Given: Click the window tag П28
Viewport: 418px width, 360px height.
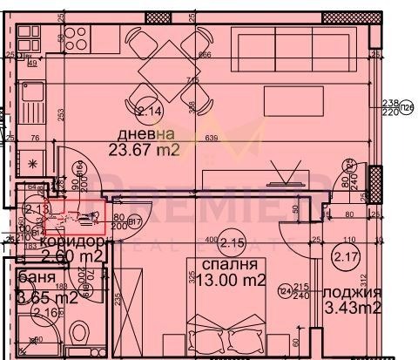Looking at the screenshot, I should [408, 107].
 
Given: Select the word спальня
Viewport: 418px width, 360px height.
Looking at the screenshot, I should [228, 263].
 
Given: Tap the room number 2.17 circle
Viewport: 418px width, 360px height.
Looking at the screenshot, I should [346, 256].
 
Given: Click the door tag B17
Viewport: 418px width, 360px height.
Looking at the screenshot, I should [135, 221].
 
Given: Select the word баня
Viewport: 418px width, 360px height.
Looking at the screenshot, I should [34, 280].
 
